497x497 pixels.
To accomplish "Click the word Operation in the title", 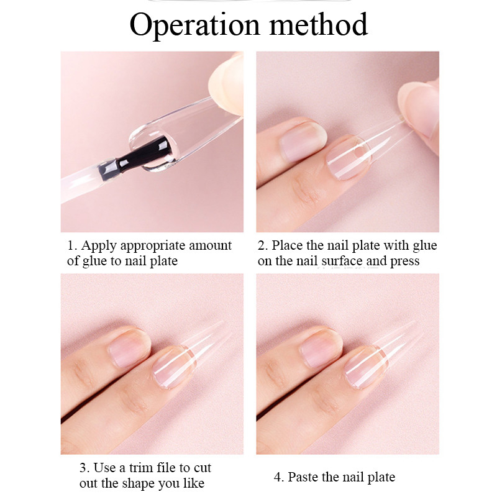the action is pyautogui.click(x=194, y=25).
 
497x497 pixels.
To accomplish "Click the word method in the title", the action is pyautogui.click(x=318, y=24).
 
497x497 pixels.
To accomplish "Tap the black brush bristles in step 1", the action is pyautogui.click(x=144, y=153).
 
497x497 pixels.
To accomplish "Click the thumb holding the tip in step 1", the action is pyautogui.click(x=226, y=83).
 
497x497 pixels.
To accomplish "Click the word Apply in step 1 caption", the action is pyautogui.click(x=99, y=246).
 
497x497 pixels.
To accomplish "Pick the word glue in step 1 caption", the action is pyautogui.click(x=95, y=261).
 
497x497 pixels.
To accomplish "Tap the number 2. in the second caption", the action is pyautogui.click(x=263, y=245).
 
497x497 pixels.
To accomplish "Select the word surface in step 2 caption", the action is pyautogui.click(x=342, y=261).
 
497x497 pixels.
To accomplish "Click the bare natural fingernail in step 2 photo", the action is pyautogui.click(x=302, y=141).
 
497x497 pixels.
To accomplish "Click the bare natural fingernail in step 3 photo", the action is pyautogui.click(x=129, y=347).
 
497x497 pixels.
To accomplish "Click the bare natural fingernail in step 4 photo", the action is pyautogui.click(x=321, y=347).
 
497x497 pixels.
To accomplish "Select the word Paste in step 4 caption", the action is pyautogui.click(x=304, y=477).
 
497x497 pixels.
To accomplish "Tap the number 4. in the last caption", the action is pyautogui.click(x=279, y=477).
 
